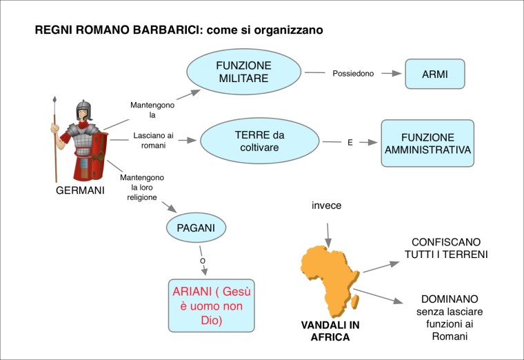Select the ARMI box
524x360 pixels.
[x=434, y=73]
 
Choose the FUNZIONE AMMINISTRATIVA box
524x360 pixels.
[x=427, y=143]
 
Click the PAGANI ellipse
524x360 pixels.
[x=196, y=226]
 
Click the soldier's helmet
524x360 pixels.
[x=84, y=110]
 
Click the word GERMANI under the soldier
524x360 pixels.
[x=79, y=190]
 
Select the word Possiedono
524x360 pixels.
[x=353, y=73]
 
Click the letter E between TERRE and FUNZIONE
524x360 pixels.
[x=350, y=143]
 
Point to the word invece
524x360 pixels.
[x=326, y=206]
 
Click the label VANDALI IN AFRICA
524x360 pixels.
[x=326, y=331]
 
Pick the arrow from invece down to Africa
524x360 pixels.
[x=328, y=232]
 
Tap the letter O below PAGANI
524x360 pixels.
[x=202, y=261]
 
